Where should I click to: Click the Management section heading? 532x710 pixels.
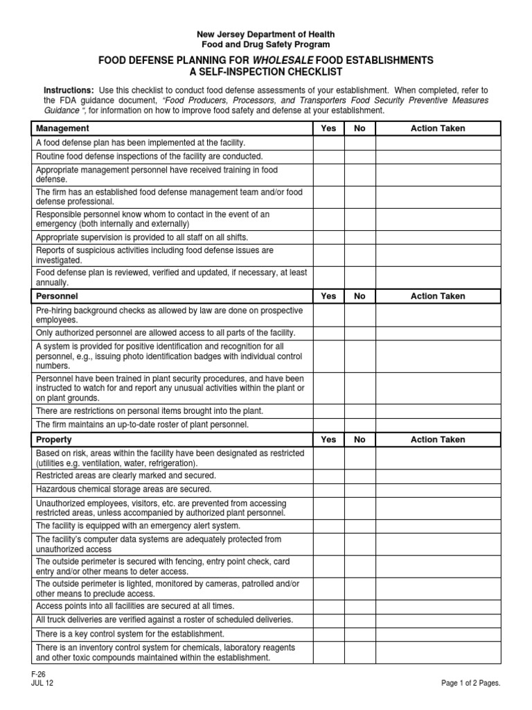pos(62,128)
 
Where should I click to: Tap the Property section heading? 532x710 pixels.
pos(54,440)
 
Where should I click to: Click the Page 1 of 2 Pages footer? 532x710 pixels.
pos(470,683)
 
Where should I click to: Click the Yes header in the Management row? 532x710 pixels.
pos(328,128)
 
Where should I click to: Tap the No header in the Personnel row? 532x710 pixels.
pos(360,296)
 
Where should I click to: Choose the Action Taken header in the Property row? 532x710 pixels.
pos(438,440)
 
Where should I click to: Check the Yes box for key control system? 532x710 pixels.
pos(328,634)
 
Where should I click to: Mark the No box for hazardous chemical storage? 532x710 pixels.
pos(360,489)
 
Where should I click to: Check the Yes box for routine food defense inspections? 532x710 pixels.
pos(328,157)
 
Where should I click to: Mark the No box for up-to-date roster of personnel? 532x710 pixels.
pos(360,424)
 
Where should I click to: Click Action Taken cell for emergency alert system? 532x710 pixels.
pos(438,526)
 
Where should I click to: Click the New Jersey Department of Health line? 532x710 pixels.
pos(266,34)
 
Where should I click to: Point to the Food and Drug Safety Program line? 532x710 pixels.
pos(266,44)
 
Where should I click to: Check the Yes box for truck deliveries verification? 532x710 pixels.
pos(328,619)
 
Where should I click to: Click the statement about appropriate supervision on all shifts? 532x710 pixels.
pos(141,237)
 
